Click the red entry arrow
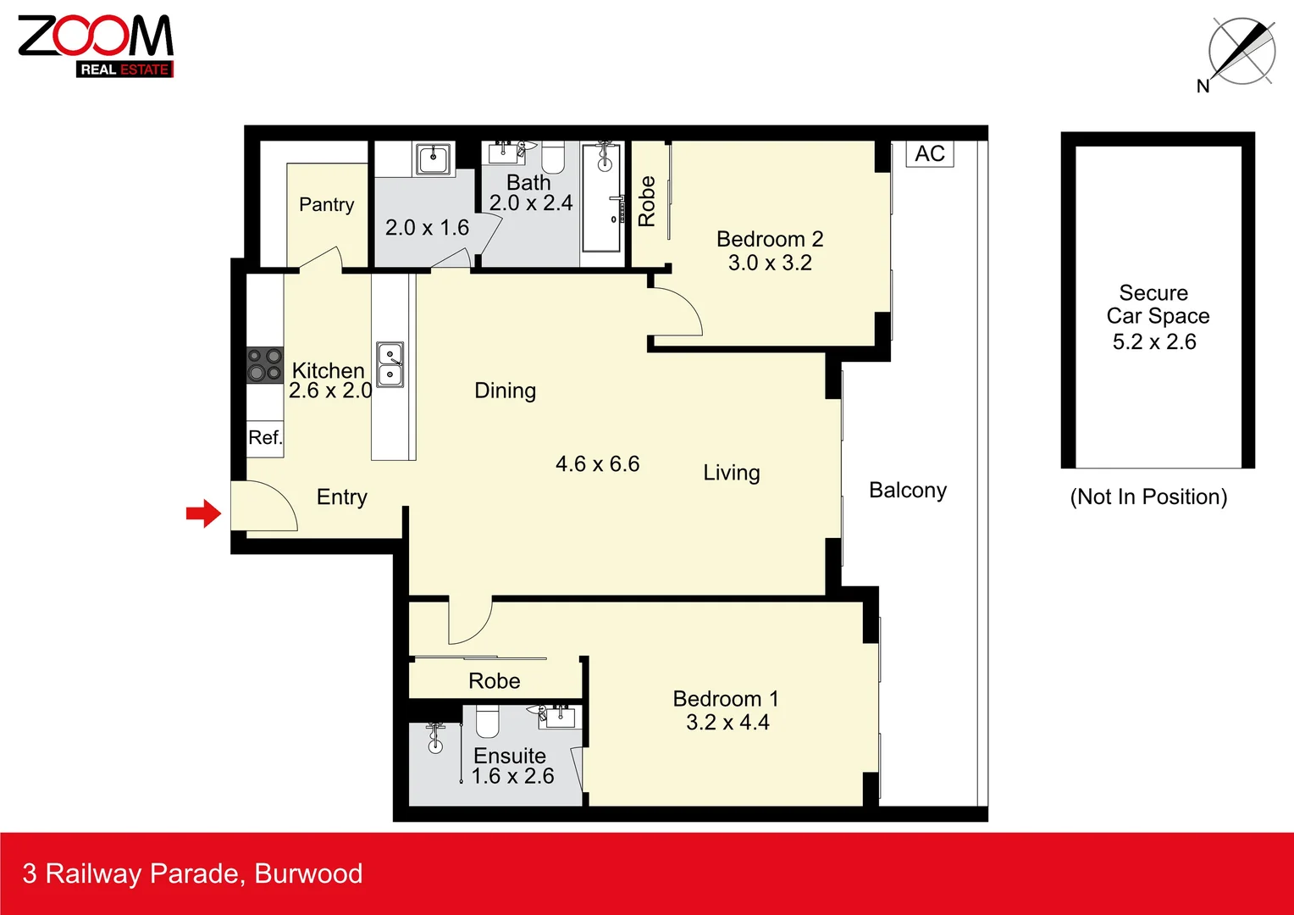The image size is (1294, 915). click(x=203, y=513)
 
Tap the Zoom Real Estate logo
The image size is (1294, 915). click(x=96, y=46)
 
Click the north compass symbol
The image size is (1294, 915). click(x=1241, y=53)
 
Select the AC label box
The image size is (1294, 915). click(x=930, y=153)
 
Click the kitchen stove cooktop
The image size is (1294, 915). click(x=264, y=365)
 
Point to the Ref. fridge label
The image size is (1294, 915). click(x=265, y=438)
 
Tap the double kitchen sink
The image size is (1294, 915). click(x=390, y=364)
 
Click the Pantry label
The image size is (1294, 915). click(x=326, y=204)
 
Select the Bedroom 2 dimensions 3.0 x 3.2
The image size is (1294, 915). click(x=770, y=263)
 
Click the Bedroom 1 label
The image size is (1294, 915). click(x=726, y=699)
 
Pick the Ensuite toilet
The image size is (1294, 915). click(x=487, y=721)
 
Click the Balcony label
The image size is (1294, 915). click(x=908, y=491)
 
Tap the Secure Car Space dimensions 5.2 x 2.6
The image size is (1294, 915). click(x=1154, y=341)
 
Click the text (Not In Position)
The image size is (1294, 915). click(x=1148, y=496)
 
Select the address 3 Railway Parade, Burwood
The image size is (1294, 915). click(x=192, y=873)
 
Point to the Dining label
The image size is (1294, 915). click(x=505, y=391)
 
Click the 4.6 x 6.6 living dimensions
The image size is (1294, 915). click(x=597, y=464)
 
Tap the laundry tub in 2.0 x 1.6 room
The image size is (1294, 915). click(x=434, y=158)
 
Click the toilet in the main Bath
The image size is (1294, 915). click(x=553, y=157)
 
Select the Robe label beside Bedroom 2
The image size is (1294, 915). click(x=647, y=202)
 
